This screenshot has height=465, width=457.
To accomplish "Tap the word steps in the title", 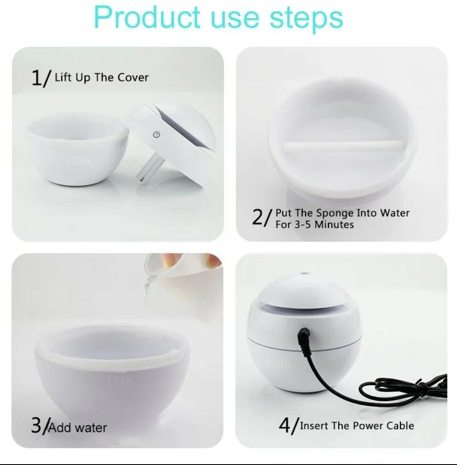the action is click(x=306, y=19).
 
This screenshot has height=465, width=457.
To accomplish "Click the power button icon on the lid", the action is click(x=157, y=135).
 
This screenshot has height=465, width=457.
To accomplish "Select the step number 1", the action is click(x=37, y=77).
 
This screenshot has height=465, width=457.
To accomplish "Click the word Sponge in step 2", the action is click(x=335, y=213).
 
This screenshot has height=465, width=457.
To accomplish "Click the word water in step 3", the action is click(x=91, y=428).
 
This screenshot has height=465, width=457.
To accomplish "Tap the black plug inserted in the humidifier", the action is click(x=304, y=340).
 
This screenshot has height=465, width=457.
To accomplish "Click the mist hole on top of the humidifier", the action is click(x=305, y=273).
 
